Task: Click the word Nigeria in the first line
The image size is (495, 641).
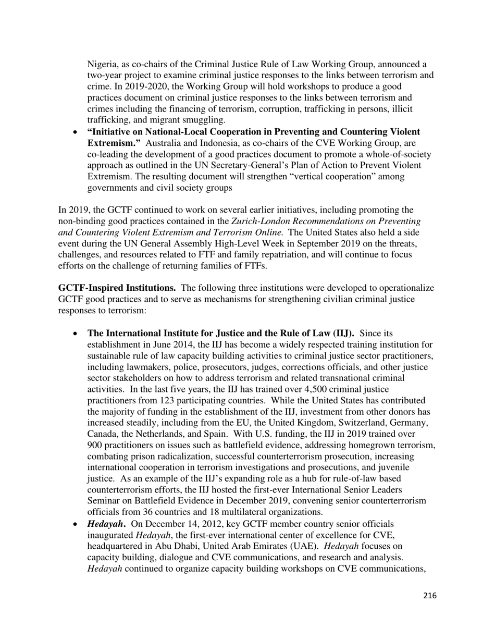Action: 101,65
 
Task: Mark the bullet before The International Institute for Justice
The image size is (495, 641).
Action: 76,334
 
